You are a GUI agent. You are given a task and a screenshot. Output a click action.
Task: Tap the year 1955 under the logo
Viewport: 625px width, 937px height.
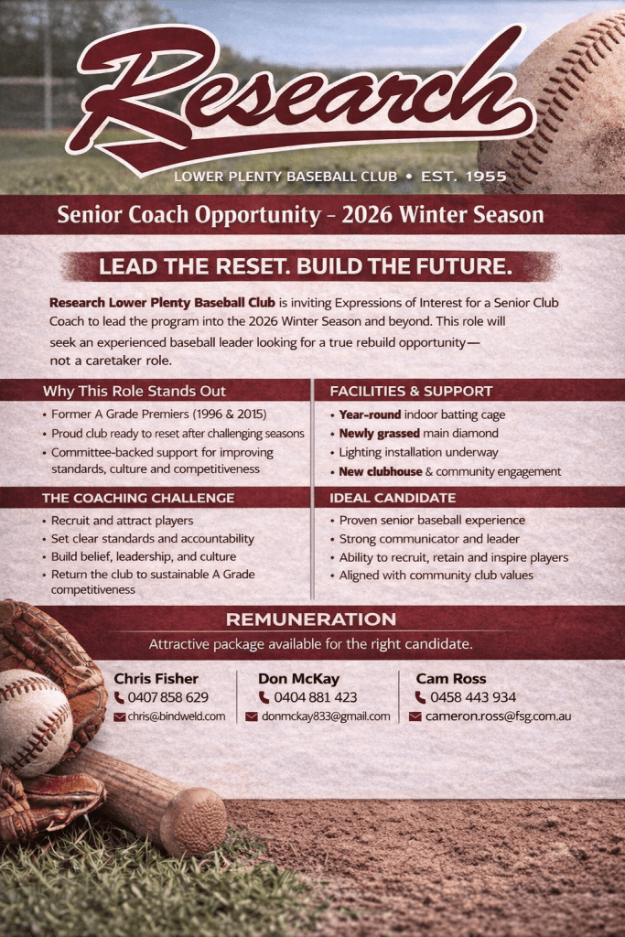click(x=486, y=177)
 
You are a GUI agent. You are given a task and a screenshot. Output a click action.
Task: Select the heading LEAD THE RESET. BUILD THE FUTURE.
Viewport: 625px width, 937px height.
click(x=306, y=266)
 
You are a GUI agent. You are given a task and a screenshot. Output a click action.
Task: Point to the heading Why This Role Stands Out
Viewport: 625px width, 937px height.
click(x=135, y=392)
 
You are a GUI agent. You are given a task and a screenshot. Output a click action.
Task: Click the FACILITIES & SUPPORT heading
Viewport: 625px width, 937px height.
click(x=411, y=392)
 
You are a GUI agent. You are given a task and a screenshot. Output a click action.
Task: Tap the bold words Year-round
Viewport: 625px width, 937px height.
click(x=370, y=415)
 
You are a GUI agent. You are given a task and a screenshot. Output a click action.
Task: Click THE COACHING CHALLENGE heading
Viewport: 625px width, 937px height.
click(x=138, y=498)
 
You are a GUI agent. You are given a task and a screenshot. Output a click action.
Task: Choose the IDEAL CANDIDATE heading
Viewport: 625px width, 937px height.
click(x=393, y=498)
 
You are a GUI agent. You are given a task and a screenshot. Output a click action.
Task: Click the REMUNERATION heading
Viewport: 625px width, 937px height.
click(x=311, y=619)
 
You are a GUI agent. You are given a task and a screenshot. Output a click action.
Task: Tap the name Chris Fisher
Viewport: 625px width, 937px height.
click(x=156, y=679)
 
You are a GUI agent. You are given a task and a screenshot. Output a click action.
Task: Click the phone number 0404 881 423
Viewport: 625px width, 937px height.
click(x=316, y=697)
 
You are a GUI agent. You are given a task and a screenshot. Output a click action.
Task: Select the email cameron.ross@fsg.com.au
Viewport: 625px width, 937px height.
click(x=499, y=716)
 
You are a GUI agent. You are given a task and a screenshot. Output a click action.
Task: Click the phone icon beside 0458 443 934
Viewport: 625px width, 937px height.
click(x=421, y=697)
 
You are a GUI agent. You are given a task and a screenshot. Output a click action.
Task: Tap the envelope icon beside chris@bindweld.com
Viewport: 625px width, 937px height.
click(x=120, y=716)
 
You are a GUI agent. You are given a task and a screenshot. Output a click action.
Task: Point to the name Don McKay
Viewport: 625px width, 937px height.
click(x=298, y=679)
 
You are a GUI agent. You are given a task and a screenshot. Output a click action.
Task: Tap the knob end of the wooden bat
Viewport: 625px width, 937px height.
click(x=193, y=823)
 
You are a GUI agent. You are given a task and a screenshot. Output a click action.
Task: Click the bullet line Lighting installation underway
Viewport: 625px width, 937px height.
click(x=418, y=452)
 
